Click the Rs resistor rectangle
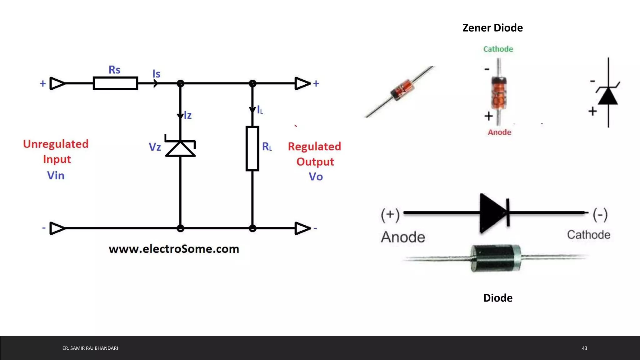click(x=115, y=83)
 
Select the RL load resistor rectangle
click(x=252, y=148)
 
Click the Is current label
click(x=156, y=74)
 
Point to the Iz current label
click(x=187, y=115)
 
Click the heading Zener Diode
click(x=492, y=28)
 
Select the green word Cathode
click(x=498, y=49)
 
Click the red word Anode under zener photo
click(x=499, y=132)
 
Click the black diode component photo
click(x=496, y=258)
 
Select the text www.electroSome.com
click(x=174, y=249)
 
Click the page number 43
click(x=584, y=348)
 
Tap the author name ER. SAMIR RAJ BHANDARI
click(x=90, y=348)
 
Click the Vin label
click(x=56, y=176)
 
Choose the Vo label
click(x=316, y=177)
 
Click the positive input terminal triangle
click(x=57, y=83)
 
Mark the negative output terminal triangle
click(x=302, y=228)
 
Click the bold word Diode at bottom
click(x=498, y=298)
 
